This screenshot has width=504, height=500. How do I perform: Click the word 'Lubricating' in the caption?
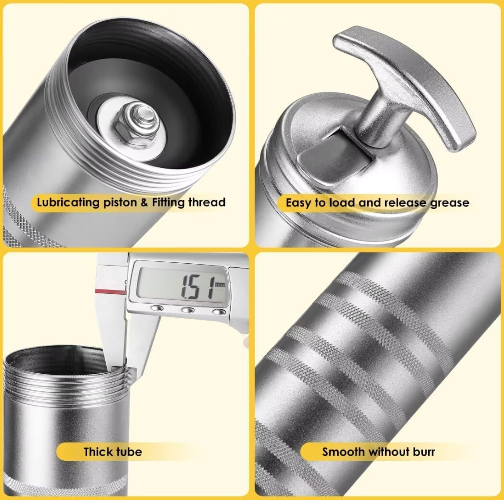point(68,203)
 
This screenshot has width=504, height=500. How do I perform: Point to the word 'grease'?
point(450,203)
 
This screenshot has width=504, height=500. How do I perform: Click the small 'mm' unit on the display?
point(220,284)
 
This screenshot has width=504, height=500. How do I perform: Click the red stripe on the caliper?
point(111,291)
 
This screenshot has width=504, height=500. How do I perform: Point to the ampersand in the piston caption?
point(144,203)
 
